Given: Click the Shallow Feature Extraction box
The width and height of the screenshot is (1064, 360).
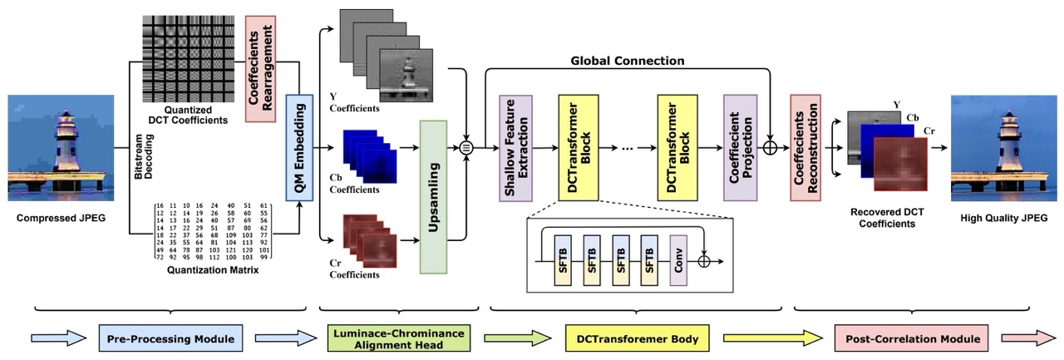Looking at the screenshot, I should tap(514, 147).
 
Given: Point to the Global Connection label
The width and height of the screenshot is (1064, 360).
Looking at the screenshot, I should tap(628, 61).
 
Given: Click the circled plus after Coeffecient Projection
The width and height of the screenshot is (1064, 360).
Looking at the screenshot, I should tap(771, 148).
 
